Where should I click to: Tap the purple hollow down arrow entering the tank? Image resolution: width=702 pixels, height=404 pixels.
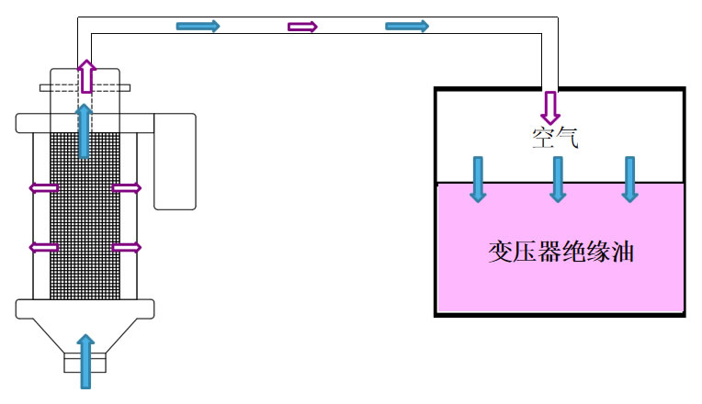click(x=549, y=107)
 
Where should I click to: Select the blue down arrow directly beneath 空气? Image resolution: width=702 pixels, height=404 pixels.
click(x=557, y=178)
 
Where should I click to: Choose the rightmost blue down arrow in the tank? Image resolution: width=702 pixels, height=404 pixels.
click(x=629, y=178)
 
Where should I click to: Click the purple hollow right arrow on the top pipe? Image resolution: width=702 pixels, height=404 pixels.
click(x=302, y=27)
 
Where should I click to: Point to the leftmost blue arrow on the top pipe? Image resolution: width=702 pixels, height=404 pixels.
click(x=198, y=26)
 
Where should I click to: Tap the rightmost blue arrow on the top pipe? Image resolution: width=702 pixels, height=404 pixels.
click(x=407, y=26)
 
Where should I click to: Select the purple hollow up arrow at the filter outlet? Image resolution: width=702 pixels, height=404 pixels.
click(x=85, y=76)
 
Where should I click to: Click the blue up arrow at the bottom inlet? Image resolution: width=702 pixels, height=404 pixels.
click(x=85, y=361)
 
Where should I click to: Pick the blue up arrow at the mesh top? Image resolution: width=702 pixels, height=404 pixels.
click(x=85, y=129)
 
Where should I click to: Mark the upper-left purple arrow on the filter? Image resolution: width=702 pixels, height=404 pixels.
click(x=44, y=188)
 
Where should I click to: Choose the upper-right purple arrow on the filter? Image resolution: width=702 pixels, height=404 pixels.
click(x=127, y=188)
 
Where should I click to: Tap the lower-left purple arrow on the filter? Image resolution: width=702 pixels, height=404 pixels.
click(x=44, y=247)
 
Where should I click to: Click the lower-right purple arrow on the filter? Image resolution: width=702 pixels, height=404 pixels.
click(x=127, y=247)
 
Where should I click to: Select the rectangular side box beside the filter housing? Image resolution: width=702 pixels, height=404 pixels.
click(x=175, y=162)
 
